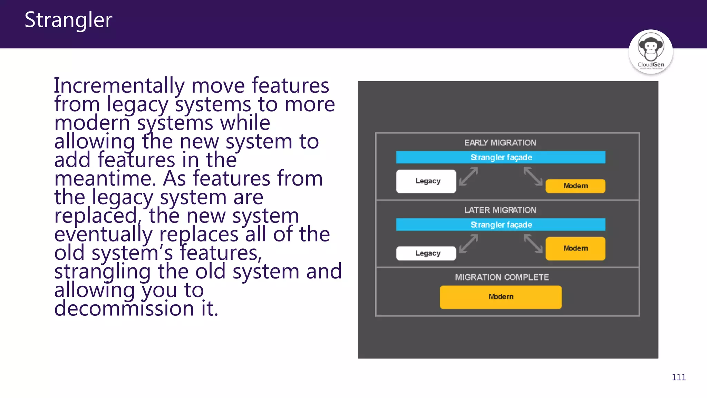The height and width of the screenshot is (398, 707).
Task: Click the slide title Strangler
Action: click(68, 20)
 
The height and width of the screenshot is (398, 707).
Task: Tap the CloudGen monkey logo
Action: click(650, 52)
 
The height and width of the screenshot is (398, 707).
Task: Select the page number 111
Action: click(678, 377)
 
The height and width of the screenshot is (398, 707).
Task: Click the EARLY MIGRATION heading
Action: click(500, 143)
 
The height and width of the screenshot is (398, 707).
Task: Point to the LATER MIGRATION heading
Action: click(500, 210)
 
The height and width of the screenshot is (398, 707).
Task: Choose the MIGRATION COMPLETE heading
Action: click(502, 277)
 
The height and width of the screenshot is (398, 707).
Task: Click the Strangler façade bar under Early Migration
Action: click(501, 158)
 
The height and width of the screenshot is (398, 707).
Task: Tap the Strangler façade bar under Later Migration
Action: click(501, 225)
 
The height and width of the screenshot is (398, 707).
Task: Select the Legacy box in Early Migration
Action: click(426, 181)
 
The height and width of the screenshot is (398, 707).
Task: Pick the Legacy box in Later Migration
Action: click(426, 253)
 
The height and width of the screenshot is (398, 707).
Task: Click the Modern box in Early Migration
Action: click(575, 186)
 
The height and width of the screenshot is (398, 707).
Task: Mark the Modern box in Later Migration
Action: click(575, 248)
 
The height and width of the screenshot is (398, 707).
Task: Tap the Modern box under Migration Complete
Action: click(501, 297)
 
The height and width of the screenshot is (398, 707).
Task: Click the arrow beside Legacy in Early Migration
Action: click(469, 176)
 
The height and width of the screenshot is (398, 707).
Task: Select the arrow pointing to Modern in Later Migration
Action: click(533, 244)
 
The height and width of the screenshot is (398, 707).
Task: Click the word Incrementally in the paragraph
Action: click(119, 86)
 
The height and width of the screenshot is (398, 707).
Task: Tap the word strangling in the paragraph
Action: click(103, 272)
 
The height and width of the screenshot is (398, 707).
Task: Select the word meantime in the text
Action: click(103, 179)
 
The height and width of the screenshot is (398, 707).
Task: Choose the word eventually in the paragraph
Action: click(103, 235)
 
